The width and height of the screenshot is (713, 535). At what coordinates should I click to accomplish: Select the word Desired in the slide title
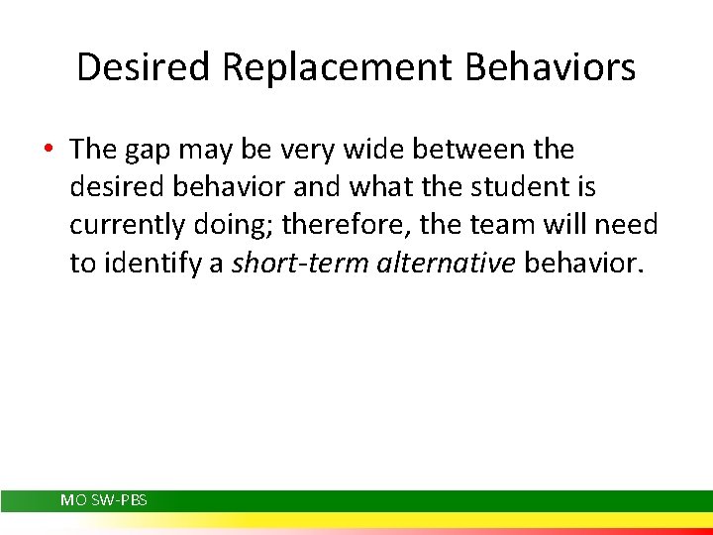click(x=145, y=68)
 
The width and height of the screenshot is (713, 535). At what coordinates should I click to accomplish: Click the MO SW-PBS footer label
click(x=104, y=500)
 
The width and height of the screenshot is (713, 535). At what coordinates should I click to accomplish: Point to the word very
click(x=305, y=150)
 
